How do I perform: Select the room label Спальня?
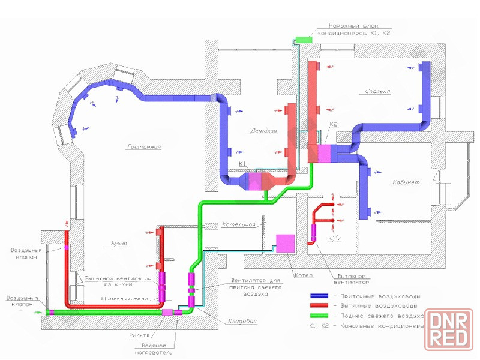pos(378,91)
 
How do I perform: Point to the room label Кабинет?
pos(406,182)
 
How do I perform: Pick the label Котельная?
pos(239,225)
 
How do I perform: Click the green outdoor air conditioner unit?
pos(303,39)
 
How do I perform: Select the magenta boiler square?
pos(284,243)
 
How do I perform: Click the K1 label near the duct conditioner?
pos(242,164)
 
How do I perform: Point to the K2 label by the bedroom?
pos(334,125)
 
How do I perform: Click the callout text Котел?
pos(302,276)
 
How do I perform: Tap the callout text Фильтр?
pos(140,334)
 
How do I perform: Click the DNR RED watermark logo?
pos(449,329)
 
